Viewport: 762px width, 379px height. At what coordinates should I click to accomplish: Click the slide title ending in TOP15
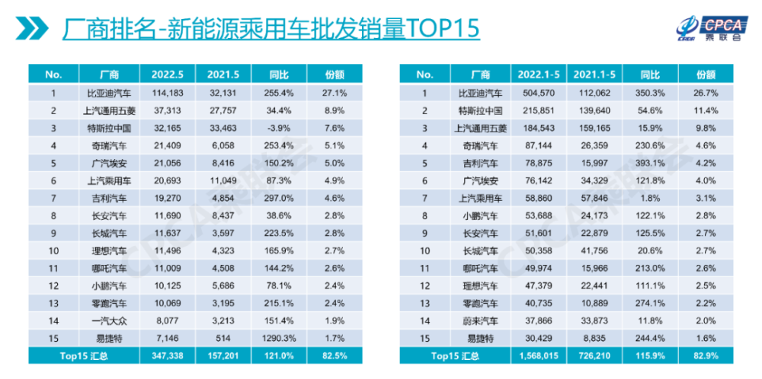271,29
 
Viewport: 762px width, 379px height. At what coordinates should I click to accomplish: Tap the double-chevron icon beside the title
32,29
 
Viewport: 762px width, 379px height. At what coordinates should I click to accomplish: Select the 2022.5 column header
167,75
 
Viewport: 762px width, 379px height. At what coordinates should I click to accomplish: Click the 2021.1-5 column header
594,75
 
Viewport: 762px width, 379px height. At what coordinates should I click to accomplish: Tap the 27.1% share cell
335,92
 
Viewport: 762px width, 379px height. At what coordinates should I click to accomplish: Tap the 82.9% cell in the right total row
706,355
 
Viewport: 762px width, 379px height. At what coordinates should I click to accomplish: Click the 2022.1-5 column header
539,75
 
